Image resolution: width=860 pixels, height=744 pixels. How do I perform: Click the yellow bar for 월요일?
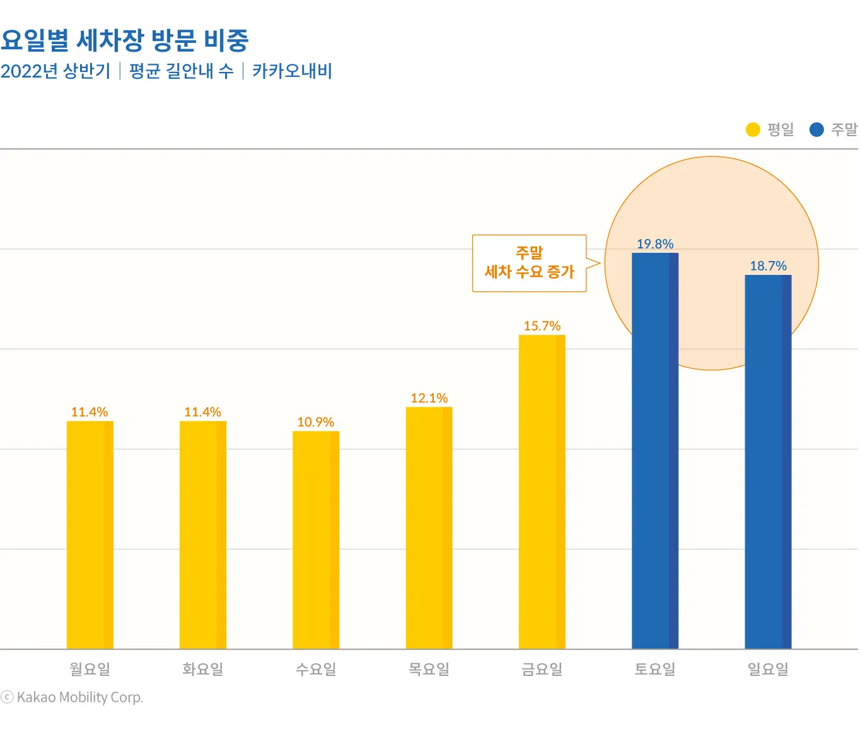90,535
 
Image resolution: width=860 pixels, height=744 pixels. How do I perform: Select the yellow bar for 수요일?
316,540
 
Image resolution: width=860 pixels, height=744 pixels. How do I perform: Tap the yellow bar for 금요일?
542,492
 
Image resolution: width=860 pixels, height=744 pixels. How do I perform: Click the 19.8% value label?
655,244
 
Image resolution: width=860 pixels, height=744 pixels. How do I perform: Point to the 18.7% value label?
768,266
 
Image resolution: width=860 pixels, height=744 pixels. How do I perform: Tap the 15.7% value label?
542,326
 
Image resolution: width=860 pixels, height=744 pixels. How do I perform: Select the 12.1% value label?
429,398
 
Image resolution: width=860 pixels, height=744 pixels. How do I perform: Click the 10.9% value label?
315,422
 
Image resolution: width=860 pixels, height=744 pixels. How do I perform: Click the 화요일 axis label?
203,669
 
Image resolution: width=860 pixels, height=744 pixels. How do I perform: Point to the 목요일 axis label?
429,669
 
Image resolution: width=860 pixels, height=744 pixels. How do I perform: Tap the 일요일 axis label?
768,669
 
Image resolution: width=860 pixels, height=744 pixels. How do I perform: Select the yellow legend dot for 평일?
753,130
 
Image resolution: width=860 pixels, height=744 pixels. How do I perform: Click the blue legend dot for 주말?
816,130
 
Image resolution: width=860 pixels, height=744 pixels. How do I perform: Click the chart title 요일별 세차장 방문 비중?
125,40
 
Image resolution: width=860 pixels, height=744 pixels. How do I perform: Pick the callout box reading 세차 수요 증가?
529,264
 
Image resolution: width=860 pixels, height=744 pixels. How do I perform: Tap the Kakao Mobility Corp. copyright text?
73,697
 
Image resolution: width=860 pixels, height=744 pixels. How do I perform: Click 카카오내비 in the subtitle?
292,71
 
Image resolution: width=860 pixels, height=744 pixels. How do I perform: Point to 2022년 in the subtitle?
29,71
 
